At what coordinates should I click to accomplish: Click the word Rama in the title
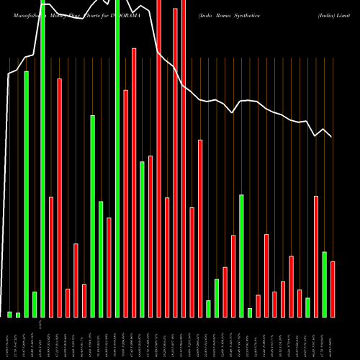click(230, 4)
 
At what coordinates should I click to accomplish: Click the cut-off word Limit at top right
click(351, 4)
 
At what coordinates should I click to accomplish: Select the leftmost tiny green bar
click(10, 314)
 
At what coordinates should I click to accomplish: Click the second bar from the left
click(18, 315)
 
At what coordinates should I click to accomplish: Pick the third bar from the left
click(27, 194)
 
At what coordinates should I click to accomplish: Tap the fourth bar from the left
click(35, 304)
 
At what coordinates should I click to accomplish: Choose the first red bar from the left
click(51, 256)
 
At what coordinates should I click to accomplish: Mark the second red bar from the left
click(59, 197)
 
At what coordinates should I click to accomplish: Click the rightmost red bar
click(333, 289)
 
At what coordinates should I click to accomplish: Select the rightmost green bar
click(324, 284)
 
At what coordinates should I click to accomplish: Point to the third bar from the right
click(316, 256)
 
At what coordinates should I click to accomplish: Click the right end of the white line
click(331, 137)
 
